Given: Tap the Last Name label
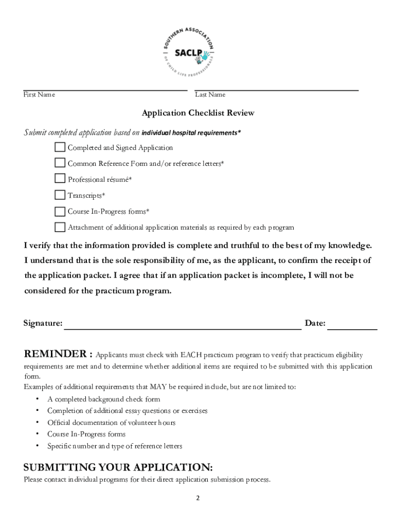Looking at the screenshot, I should tap(210, 95).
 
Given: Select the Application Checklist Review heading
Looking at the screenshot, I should tap(198, 113).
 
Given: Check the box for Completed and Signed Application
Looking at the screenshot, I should tap(60, 147).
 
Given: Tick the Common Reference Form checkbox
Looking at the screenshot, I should tap(60, 163).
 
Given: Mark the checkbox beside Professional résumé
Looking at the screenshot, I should tap(60, 179).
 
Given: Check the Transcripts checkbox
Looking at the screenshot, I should tap(60, 195).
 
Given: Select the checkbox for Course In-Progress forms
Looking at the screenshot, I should tap(60, 211).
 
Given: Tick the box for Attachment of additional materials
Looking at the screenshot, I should tap(60, 227).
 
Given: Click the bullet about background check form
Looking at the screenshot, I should tap(103, 399).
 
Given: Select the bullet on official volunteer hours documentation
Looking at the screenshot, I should tap(111, 423).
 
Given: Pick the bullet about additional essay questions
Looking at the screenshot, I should tap(127, 411).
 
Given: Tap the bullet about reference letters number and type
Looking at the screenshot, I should tap(115, 446).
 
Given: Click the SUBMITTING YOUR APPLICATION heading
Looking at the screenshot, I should tap(118, 467).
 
